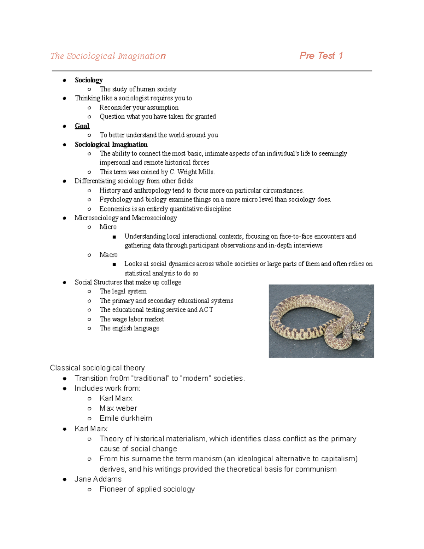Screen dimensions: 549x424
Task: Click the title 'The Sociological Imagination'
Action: [x=108, y=56]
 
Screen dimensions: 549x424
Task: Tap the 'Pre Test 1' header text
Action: [x=321, y=56]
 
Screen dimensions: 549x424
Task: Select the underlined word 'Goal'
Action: [x=82, y=126]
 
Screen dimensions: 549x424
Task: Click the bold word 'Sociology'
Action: [x=89, y=80]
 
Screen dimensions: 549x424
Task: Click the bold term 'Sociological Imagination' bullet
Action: [x=111, y=145]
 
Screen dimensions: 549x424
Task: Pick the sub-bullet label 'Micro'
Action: [x=108, y=227]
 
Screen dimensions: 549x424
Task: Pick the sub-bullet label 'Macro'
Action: [x=108, y=255]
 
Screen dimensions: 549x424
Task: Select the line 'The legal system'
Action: [x=123, y=291]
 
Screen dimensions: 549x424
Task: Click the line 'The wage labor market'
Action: [x=132, y=319]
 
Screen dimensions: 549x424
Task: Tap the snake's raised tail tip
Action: [x=369, y=313]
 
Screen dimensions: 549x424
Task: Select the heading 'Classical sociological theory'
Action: [x=97, y=368]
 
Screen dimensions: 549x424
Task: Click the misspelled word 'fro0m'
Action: [x=119, y=379]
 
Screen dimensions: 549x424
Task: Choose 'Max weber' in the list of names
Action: [x=118, y=408]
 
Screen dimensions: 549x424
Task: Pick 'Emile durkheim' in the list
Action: [x=126, y=418]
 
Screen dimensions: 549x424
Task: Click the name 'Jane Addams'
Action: [x=98, y=479]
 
